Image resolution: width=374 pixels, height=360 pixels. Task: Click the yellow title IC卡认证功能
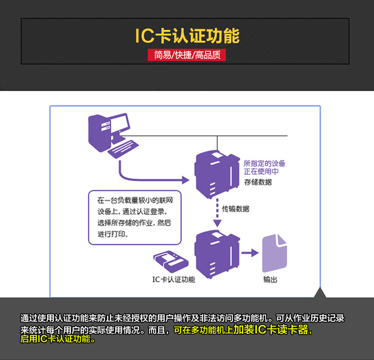click(187, 36)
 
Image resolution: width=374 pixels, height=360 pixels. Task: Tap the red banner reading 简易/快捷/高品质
click(187, 55)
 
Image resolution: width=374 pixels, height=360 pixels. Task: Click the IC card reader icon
click(170, 260)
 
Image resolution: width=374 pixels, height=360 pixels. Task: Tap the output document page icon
click(274, 253)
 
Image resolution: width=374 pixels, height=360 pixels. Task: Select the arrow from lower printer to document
click(249, 253)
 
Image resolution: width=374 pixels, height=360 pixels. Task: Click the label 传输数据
click(235, 209)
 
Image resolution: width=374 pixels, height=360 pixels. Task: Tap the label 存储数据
click(258, 182)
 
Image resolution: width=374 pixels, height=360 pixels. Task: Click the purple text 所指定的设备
click(264, 163)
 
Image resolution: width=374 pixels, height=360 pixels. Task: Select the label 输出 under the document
click(270, 279)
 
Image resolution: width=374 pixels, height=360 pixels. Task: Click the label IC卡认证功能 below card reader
click(174, 279)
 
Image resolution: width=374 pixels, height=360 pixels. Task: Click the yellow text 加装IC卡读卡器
click(274, 330)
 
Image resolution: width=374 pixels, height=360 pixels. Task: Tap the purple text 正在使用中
click(261, 172)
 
